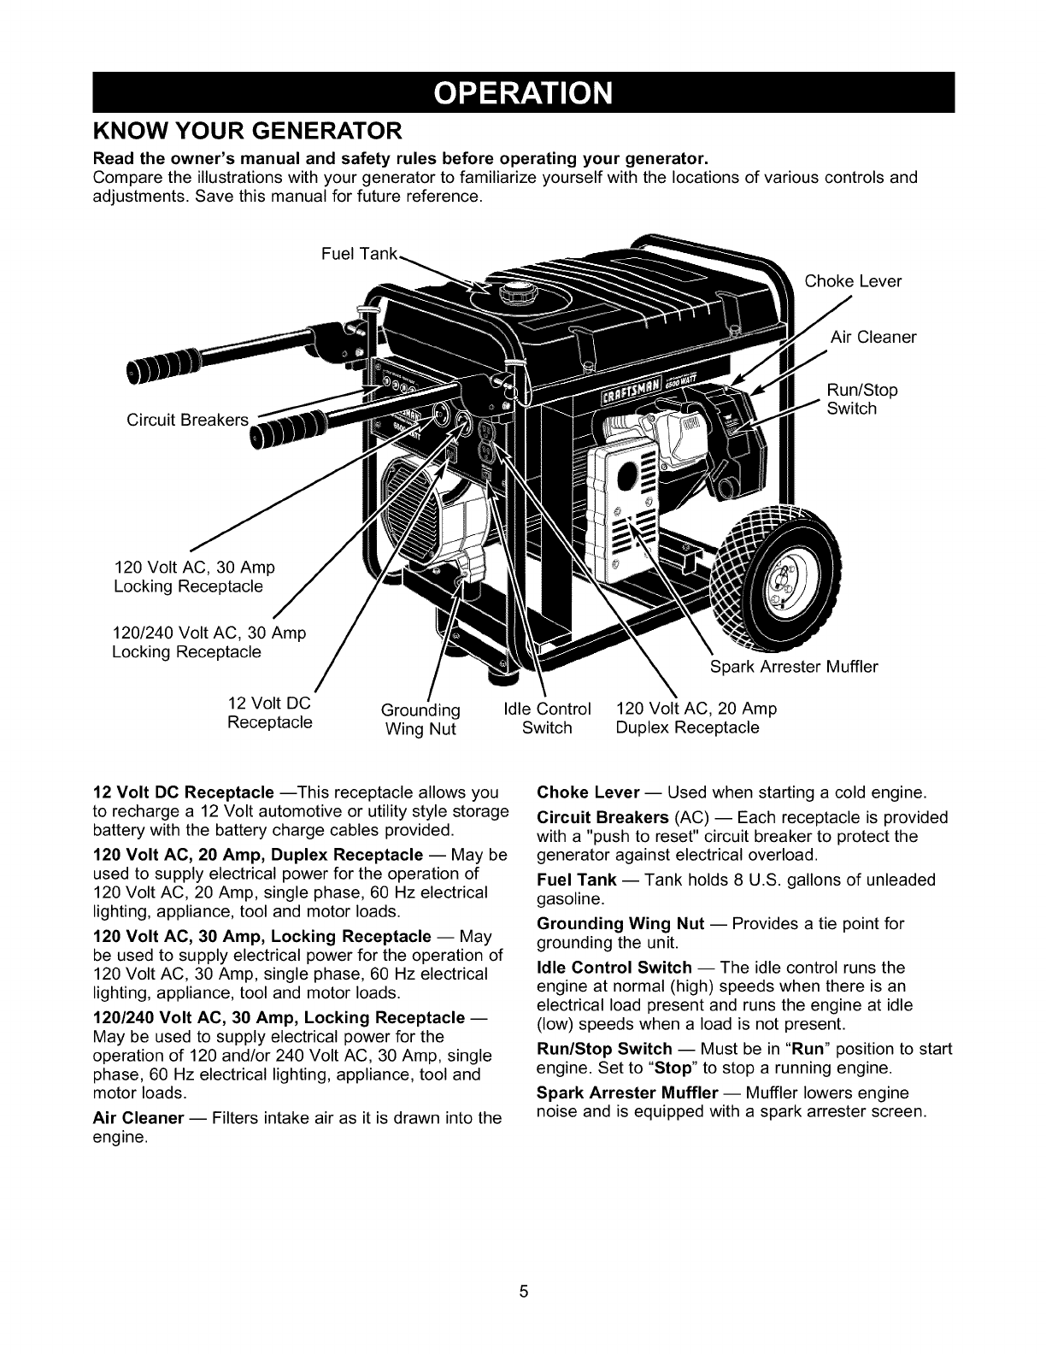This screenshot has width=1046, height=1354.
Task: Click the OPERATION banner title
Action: click(x=522, y=93)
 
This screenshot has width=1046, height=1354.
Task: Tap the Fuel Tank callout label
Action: click(x=359, y=254)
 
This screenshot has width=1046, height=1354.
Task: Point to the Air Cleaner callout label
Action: click(x=873, y=337)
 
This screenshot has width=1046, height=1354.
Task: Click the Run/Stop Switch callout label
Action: click(x=862, y=399)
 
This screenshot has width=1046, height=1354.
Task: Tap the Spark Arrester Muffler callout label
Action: click(x=794, y=666)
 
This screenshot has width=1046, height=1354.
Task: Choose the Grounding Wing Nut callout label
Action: click(x=420, y=719)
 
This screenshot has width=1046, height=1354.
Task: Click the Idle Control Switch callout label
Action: click(x=547, y=718)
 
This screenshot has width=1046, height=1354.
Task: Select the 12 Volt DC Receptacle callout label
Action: click(x=270, y=713)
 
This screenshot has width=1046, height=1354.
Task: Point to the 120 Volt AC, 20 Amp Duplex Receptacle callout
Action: click(x=696, y=718)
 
